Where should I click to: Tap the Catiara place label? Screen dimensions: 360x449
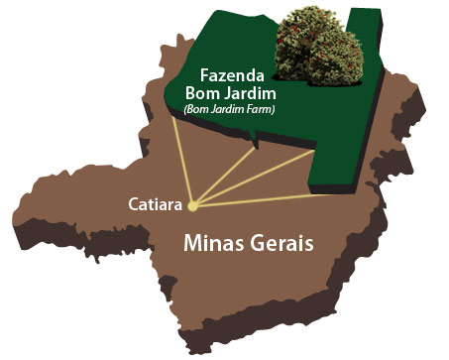pos(154,204)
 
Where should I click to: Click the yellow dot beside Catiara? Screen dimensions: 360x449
pos(192,206)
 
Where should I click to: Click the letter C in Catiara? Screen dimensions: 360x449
pos(133,204)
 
